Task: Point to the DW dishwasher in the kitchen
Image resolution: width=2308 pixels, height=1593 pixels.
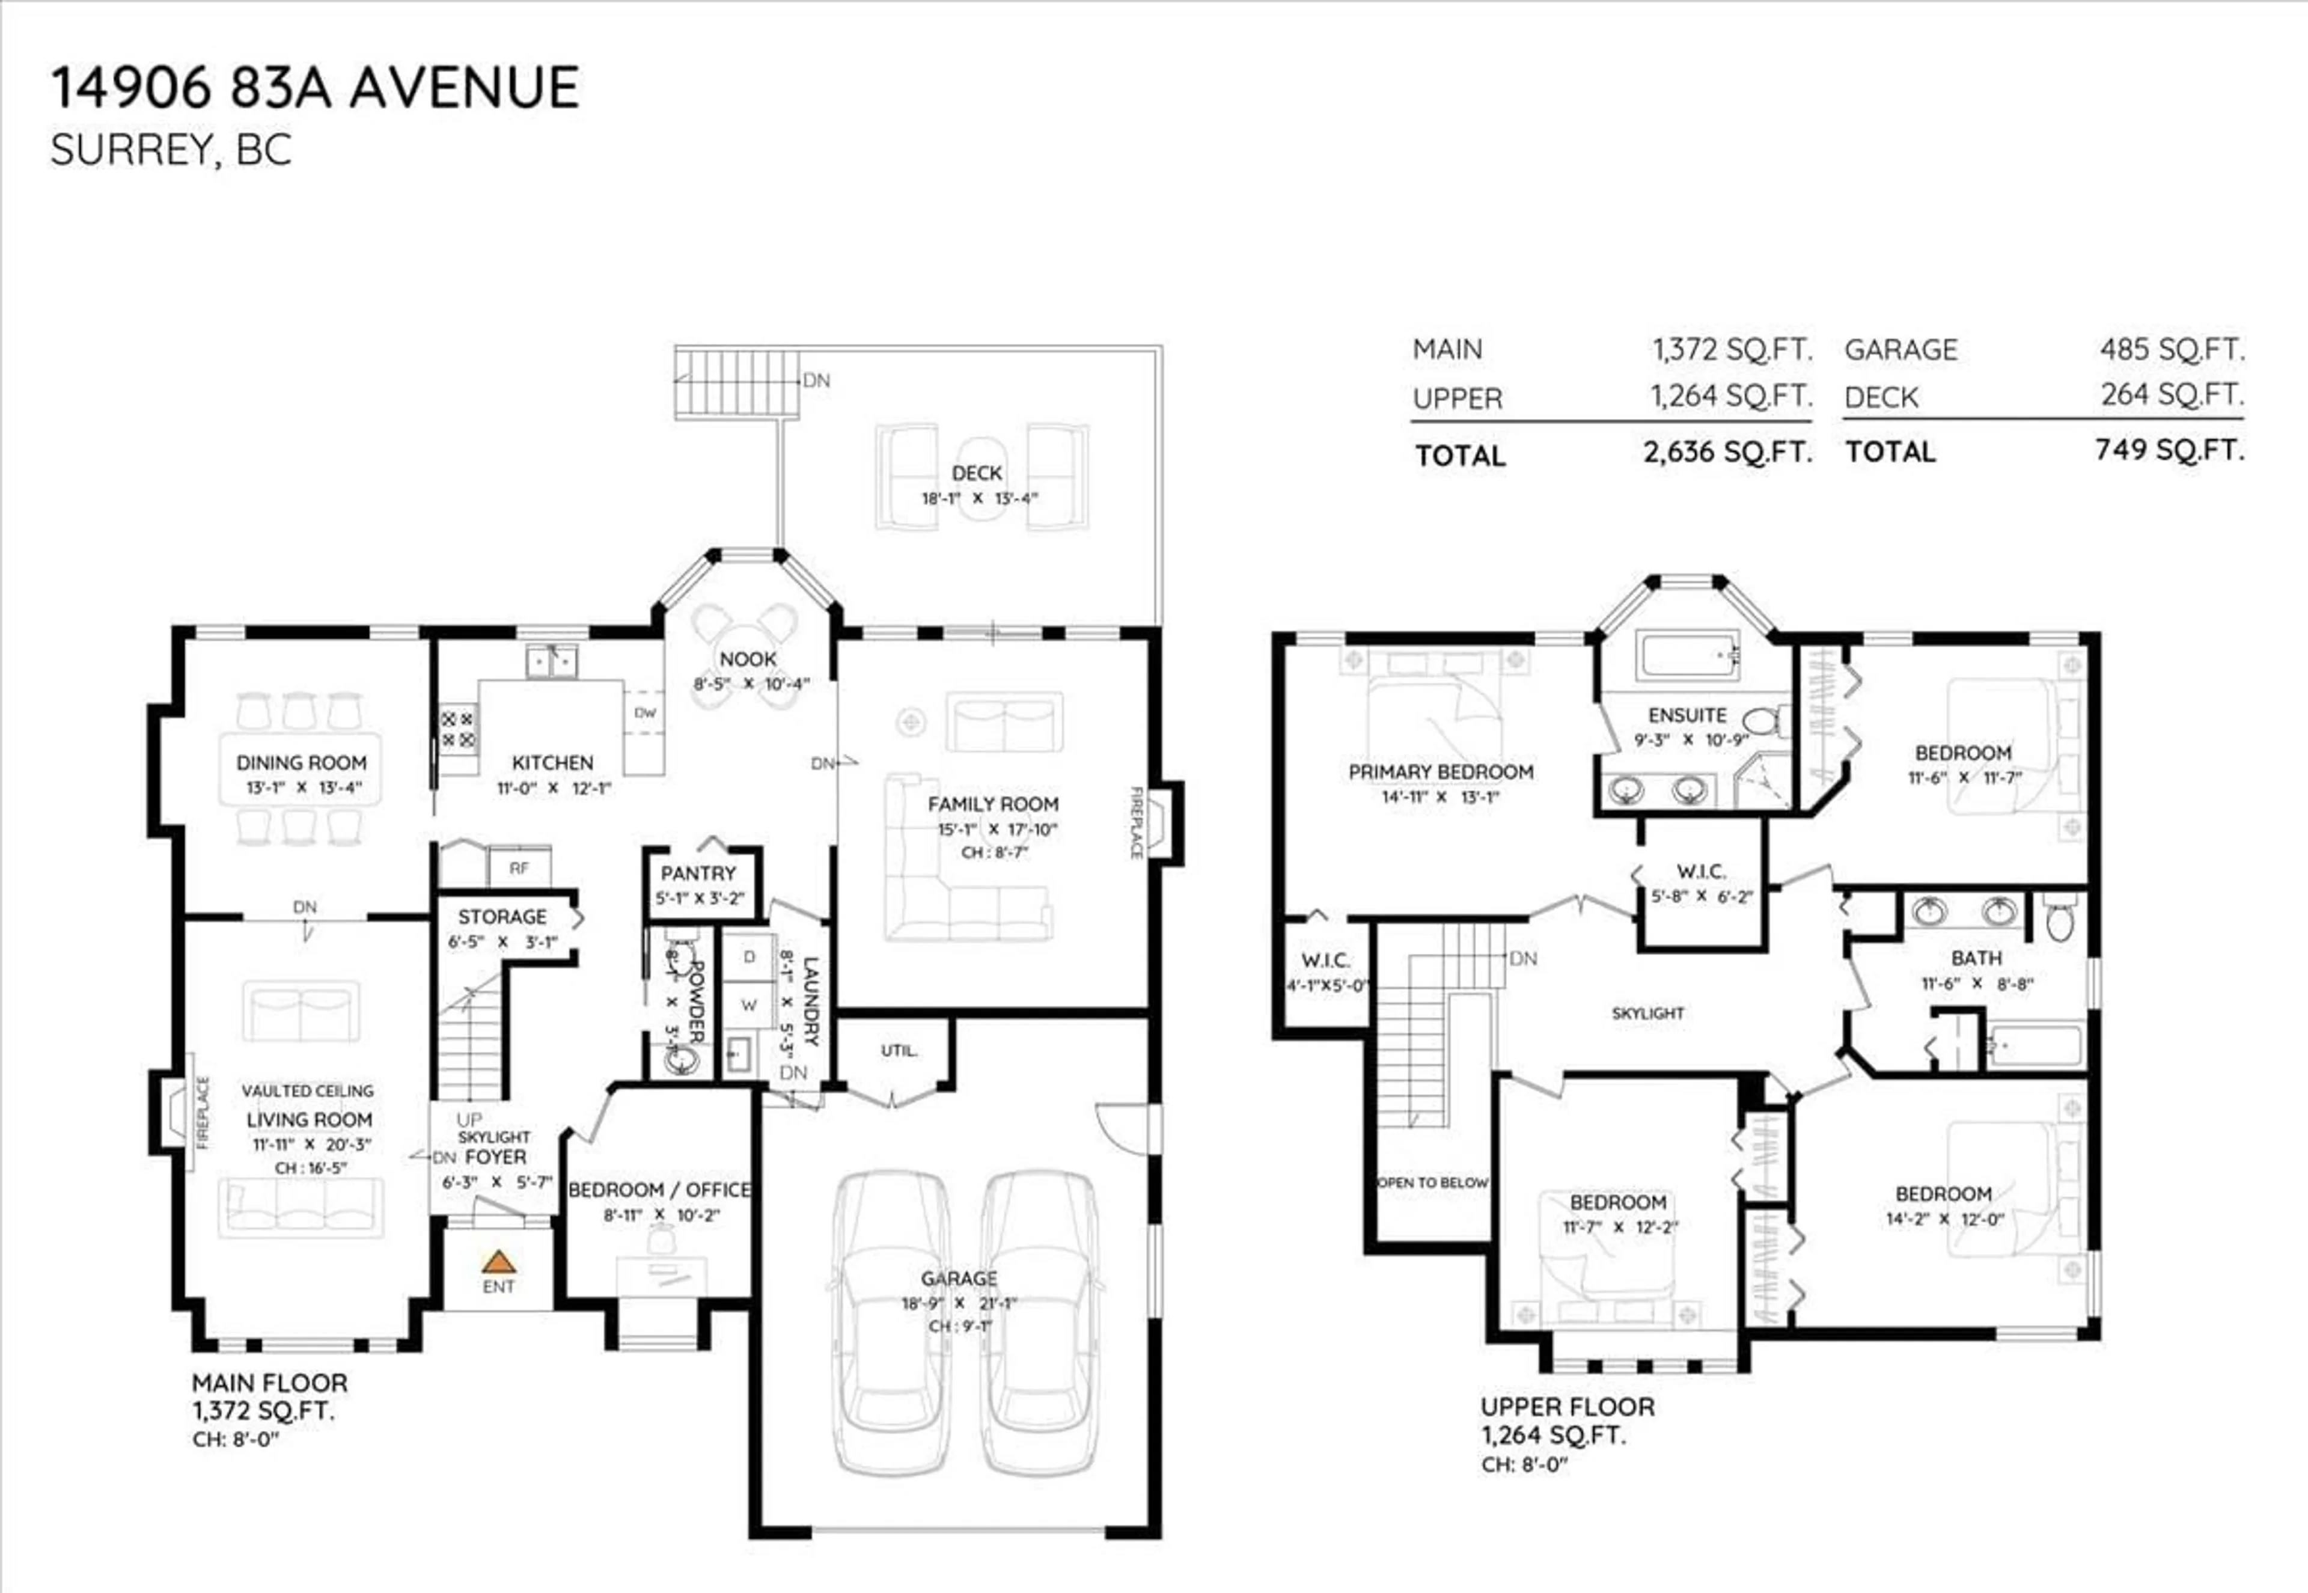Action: [x=644, y=713]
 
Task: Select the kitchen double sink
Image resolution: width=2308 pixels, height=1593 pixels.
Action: [x=552, y=661]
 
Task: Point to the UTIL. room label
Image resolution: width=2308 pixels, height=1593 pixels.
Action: [x=898, y=1050]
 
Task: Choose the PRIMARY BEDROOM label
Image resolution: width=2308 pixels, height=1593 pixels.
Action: [x=1440, y=771]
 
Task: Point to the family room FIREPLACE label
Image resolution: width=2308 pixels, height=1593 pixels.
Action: [x=1135, y=822]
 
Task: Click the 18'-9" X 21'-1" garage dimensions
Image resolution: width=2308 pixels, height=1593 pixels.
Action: [x=958, y=1303]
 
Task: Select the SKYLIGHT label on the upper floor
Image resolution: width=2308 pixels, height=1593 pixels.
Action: [x=1647, y=1013]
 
